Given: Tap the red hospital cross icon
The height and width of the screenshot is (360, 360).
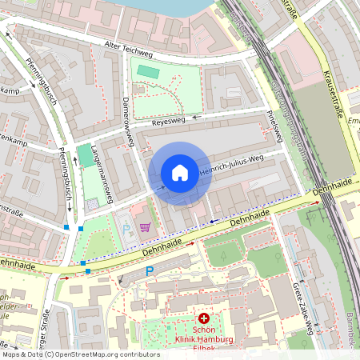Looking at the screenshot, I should point(204,318).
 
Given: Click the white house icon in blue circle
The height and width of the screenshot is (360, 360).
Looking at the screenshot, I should point(180,173).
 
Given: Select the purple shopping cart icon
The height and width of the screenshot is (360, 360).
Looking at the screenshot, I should point(145,227).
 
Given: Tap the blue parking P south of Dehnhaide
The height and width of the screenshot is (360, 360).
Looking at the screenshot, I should point(149,272).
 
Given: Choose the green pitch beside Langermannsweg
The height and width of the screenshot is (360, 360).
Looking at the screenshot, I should point(85,156).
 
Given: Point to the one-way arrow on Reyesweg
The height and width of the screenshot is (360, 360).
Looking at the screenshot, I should point(198,117).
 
